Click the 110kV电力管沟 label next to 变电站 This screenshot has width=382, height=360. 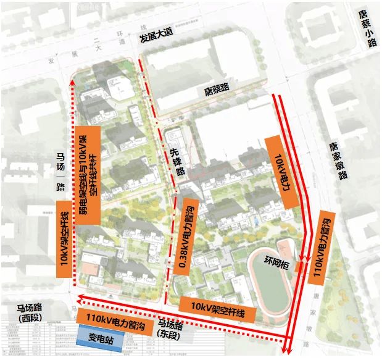112,320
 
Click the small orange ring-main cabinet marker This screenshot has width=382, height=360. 299,267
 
